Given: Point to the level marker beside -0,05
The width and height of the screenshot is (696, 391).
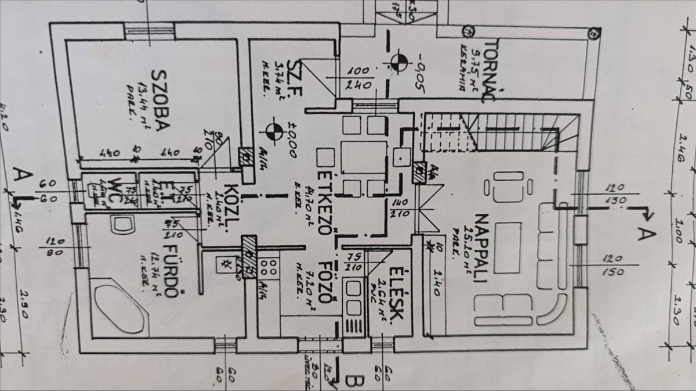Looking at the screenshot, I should coord(398,63).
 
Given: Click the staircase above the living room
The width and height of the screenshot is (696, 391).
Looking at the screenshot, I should coord(499,131).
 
